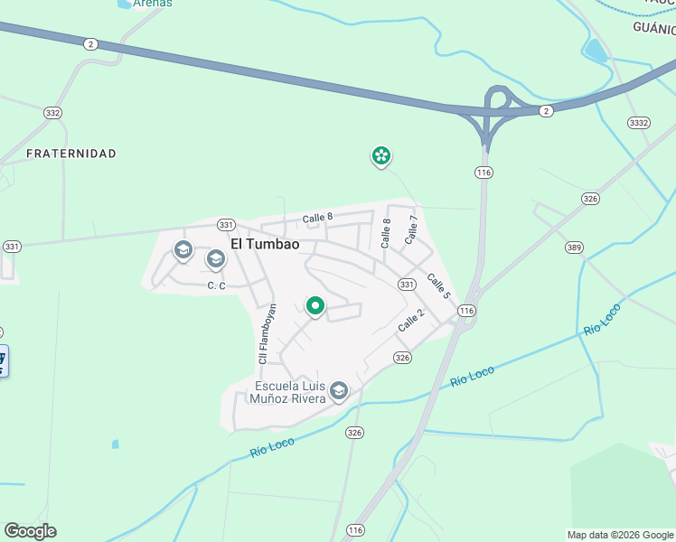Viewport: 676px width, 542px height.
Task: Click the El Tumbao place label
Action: [x=265, y=244]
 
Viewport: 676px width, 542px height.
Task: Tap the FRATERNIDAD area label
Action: [x=71, y=154]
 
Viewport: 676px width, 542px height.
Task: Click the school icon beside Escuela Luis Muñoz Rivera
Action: [x=339, y=390]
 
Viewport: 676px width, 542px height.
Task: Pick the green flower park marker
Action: [x=381, y=156]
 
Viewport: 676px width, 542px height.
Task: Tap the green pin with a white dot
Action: [x=315, y=307]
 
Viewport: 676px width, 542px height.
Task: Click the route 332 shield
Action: [x=52, y=112]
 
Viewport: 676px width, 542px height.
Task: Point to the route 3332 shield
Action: [x=638, y=122]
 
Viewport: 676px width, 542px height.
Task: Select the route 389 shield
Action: [x=573, y=247]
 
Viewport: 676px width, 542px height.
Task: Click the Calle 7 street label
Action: [x=412, y=229]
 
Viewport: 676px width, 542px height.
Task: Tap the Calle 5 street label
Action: [x=438, y=285]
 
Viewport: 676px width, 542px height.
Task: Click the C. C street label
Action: [x=215, y=285]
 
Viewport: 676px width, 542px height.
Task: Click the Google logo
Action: [x=30, y=531]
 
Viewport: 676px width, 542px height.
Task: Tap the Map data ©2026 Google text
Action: [x=619, y=535]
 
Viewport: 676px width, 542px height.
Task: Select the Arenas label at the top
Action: [x=152, y=4]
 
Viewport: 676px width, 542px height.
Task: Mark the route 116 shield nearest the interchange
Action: [x=484, y=172]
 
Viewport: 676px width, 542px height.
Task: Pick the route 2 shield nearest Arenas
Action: [x=89, y=43]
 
